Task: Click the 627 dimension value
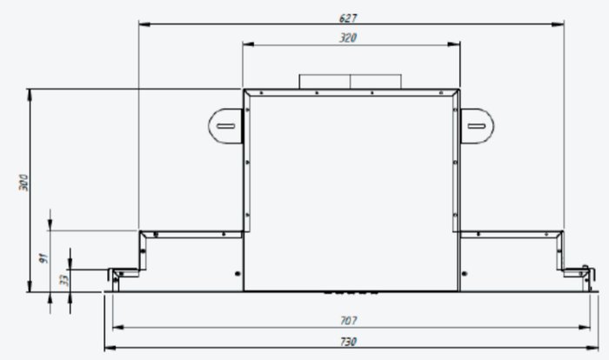pyautogui.click(x=348, y=18)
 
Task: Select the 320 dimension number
pyautogui.click(x=348, y=37)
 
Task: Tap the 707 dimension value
pyautogui.click(x=348, y=320)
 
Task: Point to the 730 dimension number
pyautogui.click(x=348, y=342)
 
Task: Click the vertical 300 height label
pyautogui.click(x=23, y=183)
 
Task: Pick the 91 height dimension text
pyautogui.click(x=43, y=258)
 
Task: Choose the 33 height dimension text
pyautogui.click(x=64, y=280)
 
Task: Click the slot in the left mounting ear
pyautogui.click(x=225, y=126)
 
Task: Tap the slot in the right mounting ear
pyautogui.click(x=476, y=126)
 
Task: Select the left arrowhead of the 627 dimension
pyautogui.click(x=144, y=24)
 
